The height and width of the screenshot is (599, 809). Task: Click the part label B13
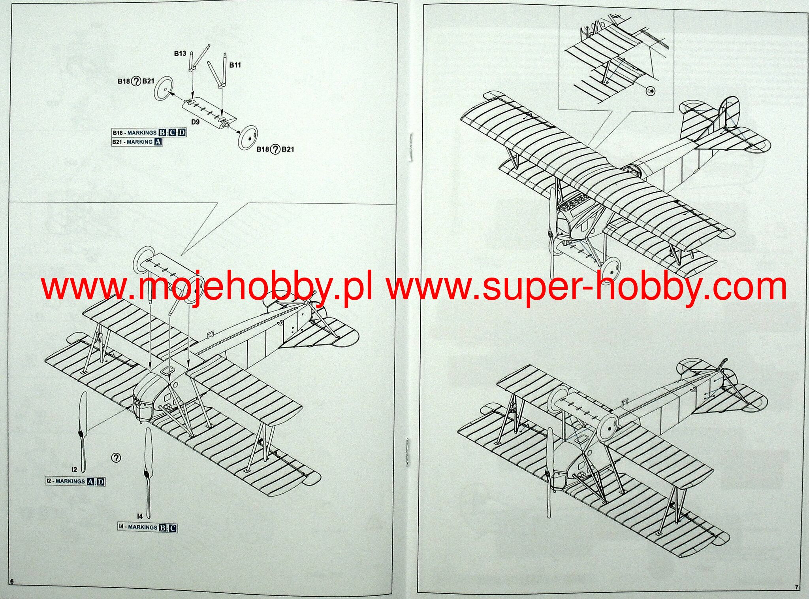pos(180,53)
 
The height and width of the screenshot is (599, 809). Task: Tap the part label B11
pos(235,65)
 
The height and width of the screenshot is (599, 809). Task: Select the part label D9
pos(195,122)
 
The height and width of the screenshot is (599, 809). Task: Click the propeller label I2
pos(74,469)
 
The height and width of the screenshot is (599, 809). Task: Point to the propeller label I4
pos(139,516)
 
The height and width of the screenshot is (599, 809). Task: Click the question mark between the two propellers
pos(116,457)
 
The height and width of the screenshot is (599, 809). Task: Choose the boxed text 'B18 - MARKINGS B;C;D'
pos(149,133)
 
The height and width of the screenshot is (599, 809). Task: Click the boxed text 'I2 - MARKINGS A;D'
pos(75,481)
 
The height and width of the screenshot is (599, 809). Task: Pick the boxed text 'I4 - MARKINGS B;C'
pos(147,527)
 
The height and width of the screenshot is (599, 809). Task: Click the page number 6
pos(11,592)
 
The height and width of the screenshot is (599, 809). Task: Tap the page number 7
pos(797,587)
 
